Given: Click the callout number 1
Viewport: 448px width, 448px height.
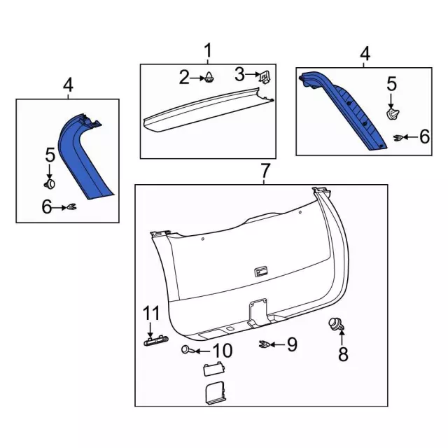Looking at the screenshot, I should pyautogui.click(x=208, y=50).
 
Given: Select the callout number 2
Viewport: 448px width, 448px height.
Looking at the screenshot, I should pyautogui.click(x=184, y=78).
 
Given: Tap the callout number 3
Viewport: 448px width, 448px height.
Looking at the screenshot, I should pyautogui.click(x=239, y=73).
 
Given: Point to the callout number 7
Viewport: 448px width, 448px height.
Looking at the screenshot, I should pyautogui.click(x=265, y=170).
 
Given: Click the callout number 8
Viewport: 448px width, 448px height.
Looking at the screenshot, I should pyautogui.click(x=343, y=354).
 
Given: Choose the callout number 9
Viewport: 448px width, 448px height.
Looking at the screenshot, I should pyautogui.click(x=292, y=344).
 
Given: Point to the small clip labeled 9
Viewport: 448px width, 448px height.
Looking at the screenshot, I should pyautogui.click(x=265, y=344).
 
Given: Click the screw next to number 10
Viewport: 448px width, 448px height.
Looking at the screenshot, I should pyautogui.click(x=188, y=349).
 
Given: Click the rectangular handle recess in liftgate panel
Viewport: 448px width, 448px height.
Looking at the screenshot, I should pyautogui.click(x=260, y=271).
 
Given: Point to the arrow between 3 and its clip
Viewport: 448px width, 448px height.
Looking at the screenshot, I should pyautogui.click(x=253, y=74).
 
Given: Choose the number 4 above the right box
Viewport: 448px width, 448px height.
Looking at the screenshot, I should pyautogui.click(x=364, y=53).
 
